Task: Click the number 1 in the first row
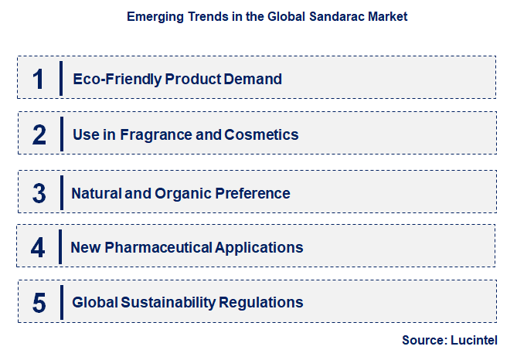point(39,78)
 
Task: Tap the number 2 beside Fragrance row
point(39,134)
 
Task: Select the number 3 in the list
point(39,193)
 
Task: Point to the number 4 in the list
point(39,247)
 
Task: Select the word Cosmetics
point(261,134)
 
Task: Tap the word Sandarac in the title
point(340,15)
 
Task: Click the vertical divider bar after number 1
point(60,78)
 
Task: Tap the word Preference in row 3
point(256,193)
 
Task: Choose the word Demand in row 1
point(255,79)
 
